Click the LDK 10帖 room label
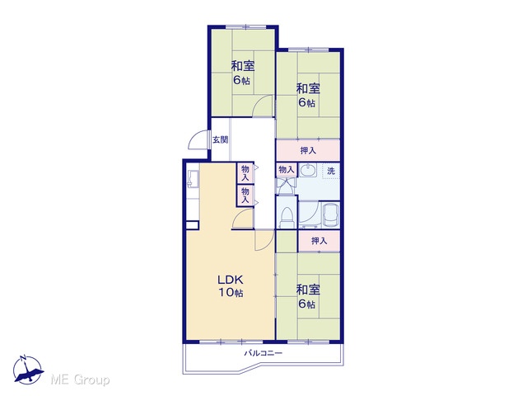point(231,286)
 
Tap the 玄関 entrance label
point(221,139)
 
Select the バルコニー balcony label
point(263,353)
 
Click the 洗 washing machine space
point(331,171)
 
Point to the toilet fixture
point(287,218)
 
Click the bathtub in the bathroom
point(329,215)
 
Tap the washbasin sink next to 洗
point(307,171)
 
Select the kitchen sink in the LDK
point(193,178)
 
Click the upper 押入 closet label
point(308,150)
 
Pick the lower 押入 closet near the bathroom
point(319,241)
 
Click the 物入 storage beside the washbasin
point(286,170)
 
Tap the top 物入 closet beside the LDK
point(245,172)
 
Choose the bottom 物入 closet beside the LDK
point(245,196)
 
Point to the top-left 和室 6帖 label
point(242,73)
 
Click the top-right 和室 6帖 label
point(307,96)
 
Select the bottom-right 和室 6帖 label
point(307,297)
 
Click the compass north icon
point(27,370)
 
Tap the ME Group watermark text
point(80,379)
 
